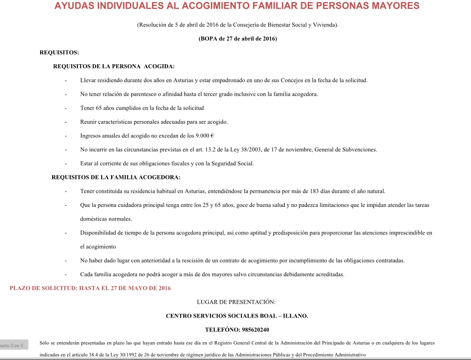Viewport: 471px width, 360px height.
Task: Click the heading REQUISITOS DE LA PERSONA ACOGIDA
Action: (x=114, y=66)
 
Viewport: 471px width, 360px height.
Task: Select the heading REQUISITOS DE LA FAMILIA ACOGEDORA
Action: (x=116, y=177)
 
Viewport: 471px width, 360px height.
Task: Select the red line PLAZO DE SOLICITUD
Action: (x=90, y=288)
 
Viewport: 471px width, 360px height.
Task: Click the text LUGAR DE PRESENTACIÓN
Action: (x=236, y=302)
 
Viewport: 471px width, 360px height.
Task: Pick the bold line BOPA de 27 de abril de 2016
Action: (x=238, y=39)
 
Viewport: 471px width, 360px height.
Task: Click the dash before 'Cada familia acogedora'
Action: (x=66, y=274)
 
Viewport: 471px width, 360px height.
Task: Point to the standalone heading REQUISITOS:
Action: (x=59, y=52)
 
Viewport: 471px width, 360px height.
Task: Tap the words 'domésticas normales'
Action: (x=106, y=219)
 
